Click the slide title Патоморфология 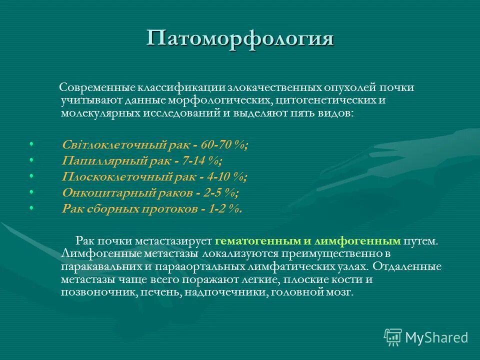click(240, 38)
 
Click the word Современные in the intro click(91, 87)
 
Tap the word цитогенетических click(320, 100)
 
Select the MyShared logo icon click(393, 337)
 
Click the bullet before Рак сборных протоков click(31, 208)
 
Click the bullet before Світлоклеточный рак click(31, 144)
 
